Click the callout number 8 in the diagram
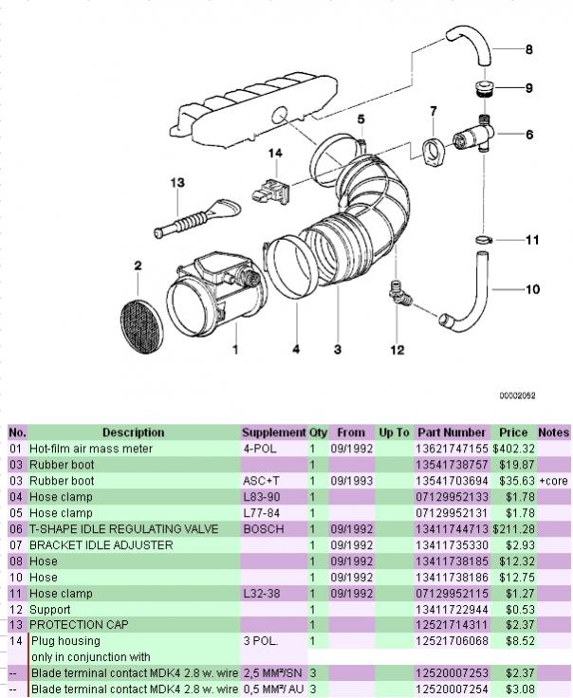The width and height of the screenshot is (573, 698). tap(529, 48)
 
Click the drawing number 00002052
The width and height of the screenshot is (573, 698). tap(517, 395)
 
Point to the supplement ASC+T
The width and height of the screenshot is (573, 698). tap(262, 481)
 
